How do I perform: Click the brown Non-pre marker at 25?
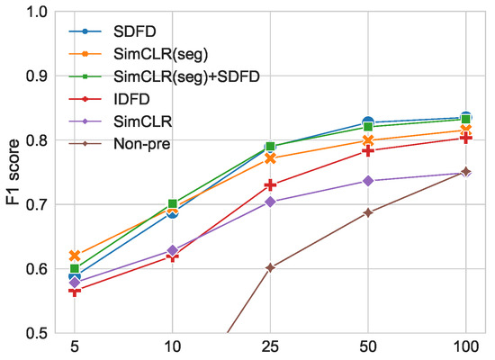point(270,267)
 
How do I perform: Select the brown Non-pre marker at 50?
point(368,212)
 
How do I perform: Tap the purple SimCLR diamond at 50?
point(368,181)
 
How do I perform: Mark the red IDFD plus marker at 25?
point(270,185)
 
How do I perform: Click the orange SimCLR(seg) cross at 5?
point(75,256)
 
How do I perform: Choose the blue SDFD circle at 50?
point(368,122)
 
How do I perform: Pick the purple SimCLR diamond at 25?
point(270,202)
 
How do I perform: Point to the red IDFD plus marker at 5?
point(75,291)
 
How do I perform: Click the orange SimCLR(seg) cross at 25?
point(270,158)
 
